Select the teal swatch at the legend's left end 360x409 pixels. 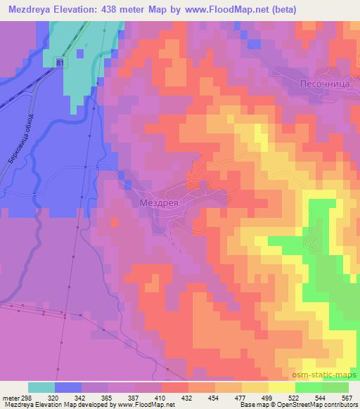click(41, 387)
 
